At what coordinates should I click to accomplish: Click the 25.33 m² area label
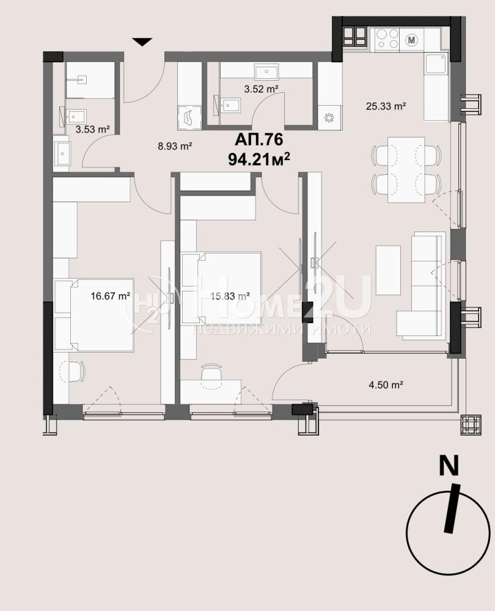point(386,106)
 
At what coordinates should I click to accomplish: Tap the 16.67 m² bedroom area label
point(110,296)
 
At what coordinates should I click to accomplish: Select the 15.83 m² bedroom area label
point(230,296)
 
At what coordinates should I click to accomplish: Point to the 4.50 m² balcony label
point(386,385)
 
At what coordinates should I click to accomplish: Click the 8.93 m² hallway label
point(175,147)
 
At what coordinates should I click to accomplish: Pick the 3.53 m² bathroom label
point(92,130)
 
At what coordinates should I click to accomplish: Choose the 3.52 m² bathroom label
point(261,89)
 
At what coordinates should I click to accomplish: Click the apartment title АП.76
point(258,139)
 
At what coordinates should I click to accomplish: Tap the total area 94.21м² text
point(259,159)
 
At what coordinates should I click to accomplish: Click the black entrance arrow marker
point(142,42)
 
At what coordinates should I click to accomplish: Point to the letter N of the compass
point(449,466)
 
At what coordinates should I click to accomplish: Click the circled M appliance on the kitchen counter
point(411,39)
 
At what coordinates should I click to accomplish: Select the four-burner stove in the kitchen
point(387,39)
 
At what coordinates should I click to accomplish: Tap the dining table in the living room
point(406,169)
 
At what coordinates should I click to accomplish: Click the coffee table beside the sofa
point(388,270)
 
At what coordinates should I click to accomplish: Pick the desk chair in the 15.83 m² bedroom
point(211,373)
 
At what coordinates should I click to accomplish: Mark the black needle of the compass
point(452,508)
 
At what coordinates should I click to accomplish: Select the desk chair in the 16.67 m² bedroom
point(73,372)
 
